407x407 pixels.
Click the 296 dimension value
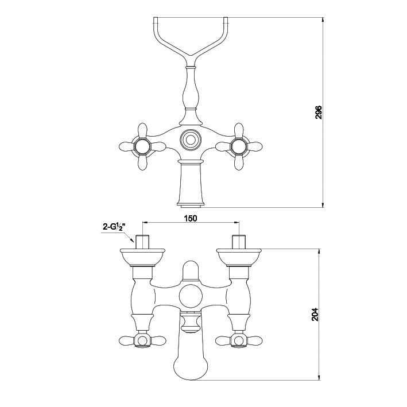(x=319, y=112)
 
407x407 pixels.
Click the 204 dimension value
(x=315, y=315)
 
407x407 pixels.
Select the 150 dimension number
(x=191, y=218)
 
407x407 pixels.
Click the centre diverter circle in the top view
(x=191, y=140)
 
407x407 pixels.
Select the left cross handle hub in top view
(x=142, y=146)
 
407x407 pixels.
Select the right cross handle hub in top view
(x=239, y=146)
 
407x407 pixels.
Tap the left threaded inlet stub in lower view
(x=142, y=242)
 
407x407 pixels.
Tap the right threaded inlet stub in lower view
(x=239, y=242)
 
